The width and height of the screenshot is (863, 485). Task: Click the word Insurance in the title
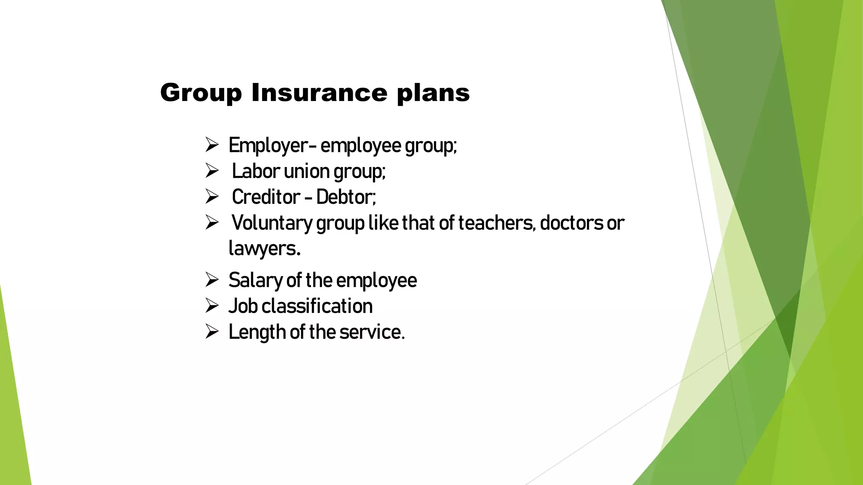coord(319,93)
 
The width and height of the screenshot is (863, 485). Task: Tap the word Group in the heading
coord(201,93)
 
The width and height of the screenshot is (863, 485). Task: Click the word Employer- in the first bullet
coord(272,146)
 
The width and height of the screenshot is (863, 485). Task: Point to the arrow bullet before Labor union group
coord(212,171)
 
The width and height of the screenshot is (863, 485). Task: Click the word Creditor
coord(266,197)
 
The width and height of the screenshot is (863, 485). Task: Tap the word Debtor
coord(346,197)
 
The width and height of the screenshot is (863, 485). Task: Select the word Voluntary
coord(272,224)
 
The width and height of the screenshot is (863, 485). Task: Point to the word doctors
coord(571,223)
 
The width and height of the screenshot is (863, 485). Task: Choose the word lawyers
coord(264,249)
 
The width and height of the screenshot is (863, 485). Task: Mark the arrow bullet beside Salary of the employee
coord(212,280)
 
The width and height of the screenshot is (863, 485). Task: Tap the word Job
coord(243,306)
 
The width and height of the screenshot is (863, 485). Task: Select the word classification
coord(317,306)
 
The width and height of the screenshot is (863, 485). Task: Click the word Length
coord(257,333)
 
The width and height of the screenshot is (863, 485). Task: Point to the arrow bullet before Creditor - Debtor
coord(212,197)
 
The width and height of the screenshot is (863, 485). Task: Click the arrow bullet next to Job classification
coord(212,306)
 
